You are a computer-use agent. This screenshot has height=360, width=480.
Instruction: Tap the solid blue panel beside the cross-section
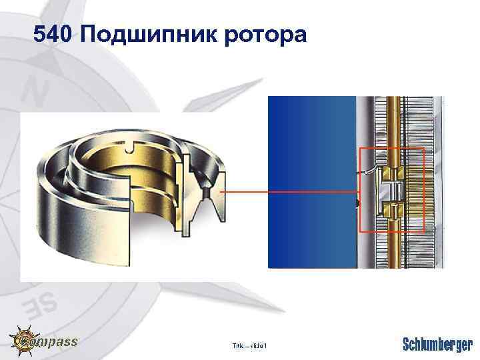(x=310, y=180)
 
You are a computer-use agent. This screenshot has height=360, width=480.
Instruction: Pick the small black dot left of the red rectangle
(x=358, y=202)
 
